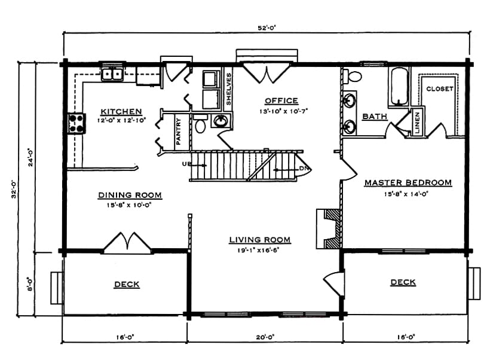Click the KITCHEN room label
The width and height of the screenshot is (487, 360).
[121, 111]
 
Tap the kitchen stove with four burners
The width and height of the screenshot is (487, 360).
[76, 123]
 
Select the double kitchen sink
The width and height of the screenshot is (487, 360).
[112, 74]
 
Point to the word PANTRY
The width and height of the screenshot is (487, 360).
[178, 131]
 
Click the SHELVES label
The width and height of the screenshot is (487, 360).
[229, 89]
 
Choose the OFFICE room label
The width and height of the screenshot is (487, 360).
[281, 100]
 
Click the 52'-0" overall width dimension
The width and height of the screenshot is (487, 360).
[267, 28]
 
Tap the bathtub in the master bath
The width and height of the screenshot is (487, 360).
[399, 86]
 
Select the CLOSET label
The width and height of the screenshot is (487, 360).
[439, 89]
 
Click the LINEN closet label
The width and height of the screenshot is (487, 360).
[417, 123]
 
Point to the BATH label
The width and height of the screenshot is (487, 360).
[375, 116]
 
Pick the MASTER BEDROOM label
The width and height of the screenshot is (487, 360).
[408, 182]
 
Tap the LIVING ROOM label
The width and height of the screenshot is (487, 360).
[260, 240]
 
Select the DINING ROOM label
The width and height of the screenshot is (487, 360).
[130, 195]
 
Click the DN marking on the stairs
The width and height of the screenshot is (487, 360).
[304, 168]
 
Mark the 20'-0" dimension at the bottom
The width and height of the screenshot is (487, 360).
[265, 337]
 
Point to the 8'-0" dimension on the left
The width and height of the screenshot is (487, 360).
[30, 284]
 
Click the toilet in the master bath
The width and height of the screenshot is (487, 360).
[353, 76]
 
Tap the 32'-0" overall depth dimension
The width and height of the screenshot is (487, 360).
[14, 190]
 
